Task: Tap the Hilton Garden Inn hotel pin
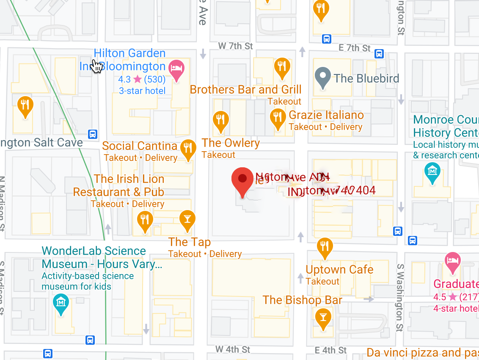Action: pos(176,69)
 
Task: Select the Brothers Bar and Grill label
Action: pos(245,90)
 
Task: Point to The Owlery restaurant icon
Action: pos(220,120)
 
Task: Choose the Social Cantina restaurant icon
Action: pos(188,149)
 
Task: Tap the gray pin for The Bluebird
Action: pos(323,78)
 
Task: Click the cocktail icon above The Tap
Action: pos(187,219)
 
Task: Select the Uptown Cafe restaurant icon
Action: pos(325,247)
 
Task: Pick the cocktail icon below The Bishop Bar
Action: pos(323,317)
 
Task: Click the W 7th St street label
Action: pos(235,46)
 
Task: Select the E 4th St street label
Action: pos(331,350)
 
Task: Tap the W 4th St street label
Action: pos(233,349)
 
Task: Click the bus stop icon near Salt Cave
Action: pos(93,134)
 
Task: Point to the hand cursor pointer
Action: pos(97,66)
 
